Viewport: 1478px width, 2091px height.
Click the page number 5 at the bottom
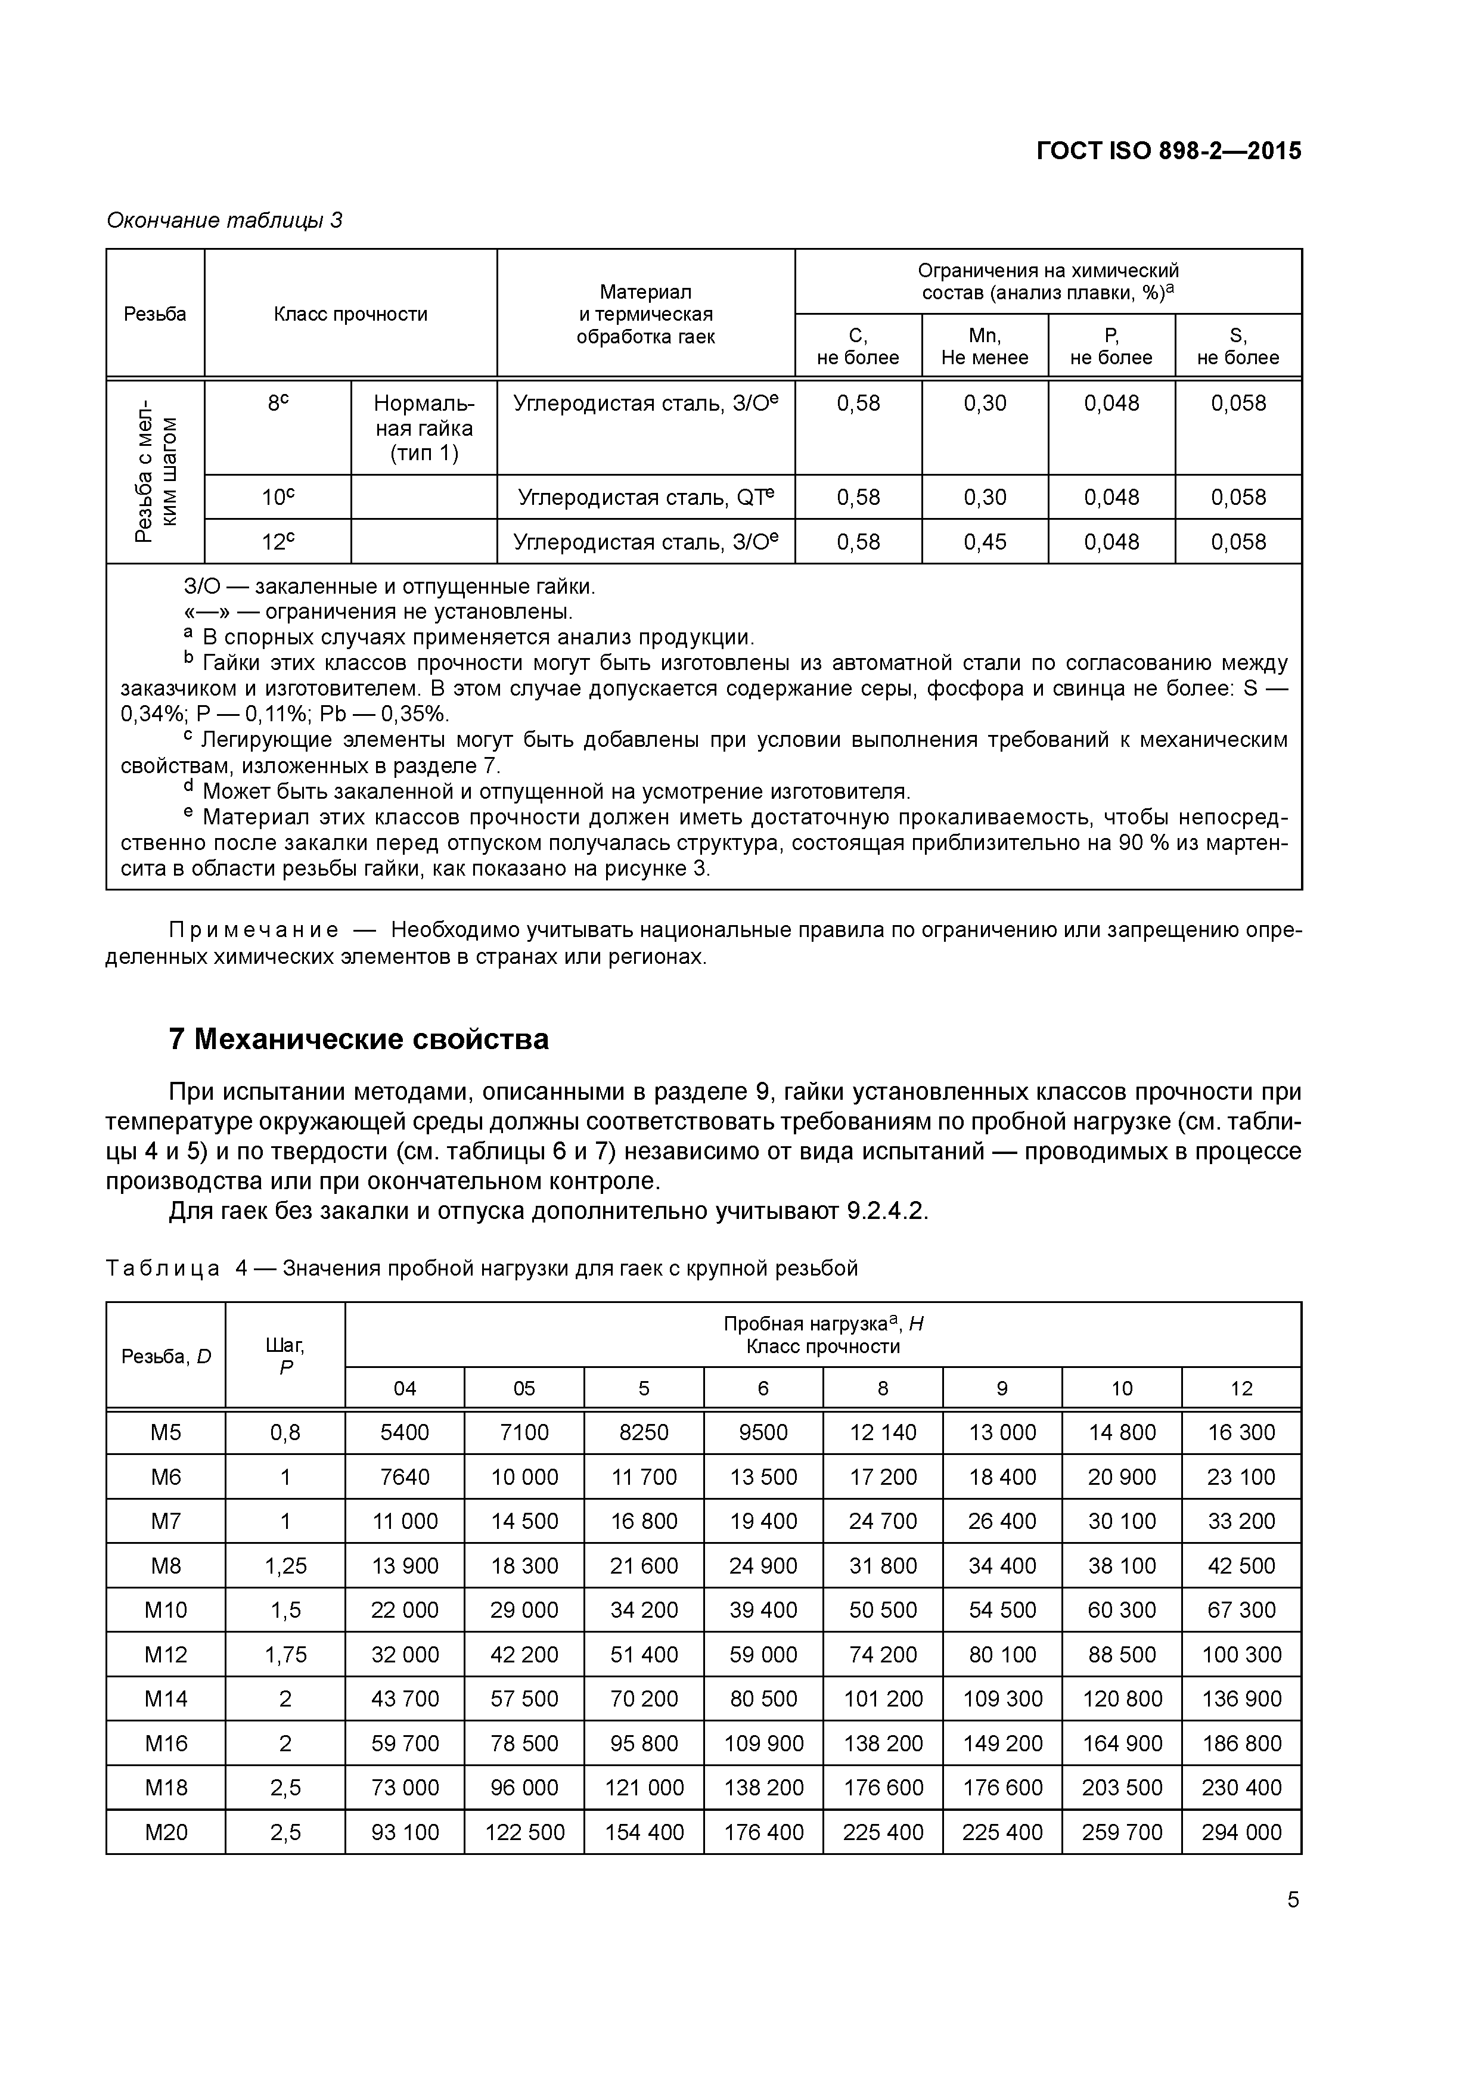[x=1293, y=1899]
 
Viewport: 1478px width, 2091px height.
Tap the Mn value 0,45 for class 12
[x=985, y=542]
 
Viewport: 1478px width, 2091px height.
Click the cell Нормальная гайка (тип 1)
[x=424, y=428]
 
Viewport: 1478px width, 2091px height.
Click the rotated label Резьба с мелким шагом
[x=156, y=471]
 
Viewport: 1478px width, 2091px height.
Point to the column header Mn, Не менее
[x=985, y=346]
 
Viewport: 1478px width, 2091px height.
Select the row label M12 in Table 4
[x=166, y=1654]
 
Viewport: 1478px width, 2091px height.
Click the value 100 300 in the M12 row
[x=1241, y=1654]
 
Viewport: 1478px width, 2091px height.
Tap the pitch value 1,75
[x=285, y=1654]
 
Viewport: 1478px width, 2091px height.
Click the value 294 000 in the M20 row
[x=1241, y=1832]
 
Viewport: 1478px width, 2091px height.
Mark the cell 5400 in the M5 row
[x=404, y=1432]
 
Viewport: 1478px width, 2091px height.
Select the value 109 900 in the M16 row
[x=763, y=1743]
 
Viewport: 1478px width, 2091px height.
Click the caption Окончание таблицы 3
[x=224, y=221]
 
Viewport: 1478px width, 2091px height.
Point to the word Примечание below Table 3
[x=254, y=930]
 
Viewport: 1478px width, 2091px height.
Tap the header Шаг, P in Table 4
[x=285, y=1355]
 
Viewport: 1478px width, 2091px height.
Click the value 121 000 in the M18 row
[x=644, y=1787]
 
